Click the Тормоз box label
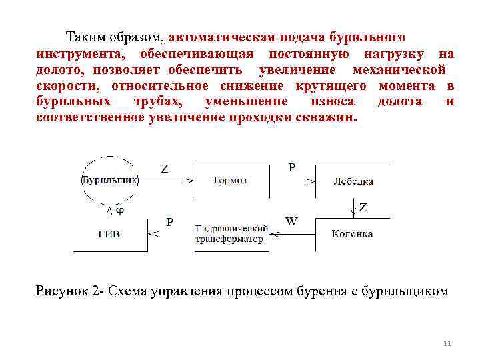229,181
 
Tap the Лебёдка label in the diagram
353,181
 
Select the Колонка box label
353,233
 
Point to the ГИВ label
110,234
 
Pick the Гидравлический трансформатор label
231,234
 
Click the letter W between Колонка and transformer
291,221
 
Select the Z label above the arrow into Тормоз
164,169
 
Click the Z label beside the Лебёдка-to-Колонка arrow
363,207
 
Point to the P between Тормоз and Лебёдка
291,167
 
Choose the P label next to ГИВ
170,221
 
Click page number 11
447,343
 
